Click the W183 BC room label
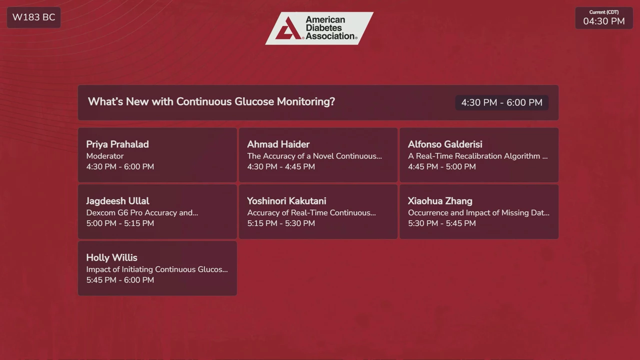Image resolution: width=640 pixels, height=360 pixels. point(33,17)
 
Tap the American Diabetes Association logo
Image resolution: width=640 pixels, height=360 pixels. point(319,28)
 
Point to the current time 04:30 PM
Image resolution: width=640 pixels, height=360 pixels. point(604,21)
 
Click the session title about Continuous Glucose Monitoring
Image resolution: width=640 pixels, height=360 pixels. point(211,101)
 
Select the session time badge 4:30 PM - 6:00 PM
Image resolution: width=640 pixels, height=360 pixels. point(501,102)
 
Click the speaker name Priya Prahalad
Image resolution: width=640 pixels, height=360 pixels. point(117,144)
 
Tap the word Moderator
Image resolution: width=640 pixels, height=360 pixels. point(105,156)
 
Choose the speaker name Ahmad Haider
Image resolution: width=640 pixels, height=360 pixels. point(278,144)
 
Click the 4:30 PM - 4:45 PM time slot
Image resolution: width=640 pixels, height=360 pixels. point(281,166)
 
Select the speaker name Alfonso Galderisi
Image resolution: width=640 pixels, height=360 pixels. point(445,144)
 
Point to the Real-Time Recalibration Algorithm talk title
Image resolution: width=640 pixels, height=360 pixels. point(477,156)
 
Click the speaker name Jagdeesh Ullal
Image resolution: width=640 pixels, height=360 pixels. point(117,201)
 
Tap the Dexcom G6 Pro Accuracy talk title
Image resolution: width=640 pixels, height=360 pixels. point(142,213)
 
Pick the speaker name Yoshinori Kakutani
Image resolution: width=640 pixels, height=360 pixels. point(286,201)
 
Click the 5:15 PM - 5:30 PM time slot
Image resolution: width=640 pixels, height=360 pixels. point(281,223)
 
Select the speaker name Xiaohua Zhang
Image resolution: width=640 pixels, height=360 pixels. point(440,201)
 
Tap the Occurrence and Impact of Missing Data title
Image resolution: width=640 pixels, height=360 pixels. point(478,213)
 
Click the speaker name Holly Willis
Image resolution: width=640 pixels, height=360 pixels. point(111,257)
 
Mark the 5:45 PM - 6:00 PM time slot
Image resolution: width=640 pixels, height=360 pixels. point(120,280)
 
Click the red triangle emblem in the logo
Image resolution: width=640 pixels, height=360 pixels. point(288,28)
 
